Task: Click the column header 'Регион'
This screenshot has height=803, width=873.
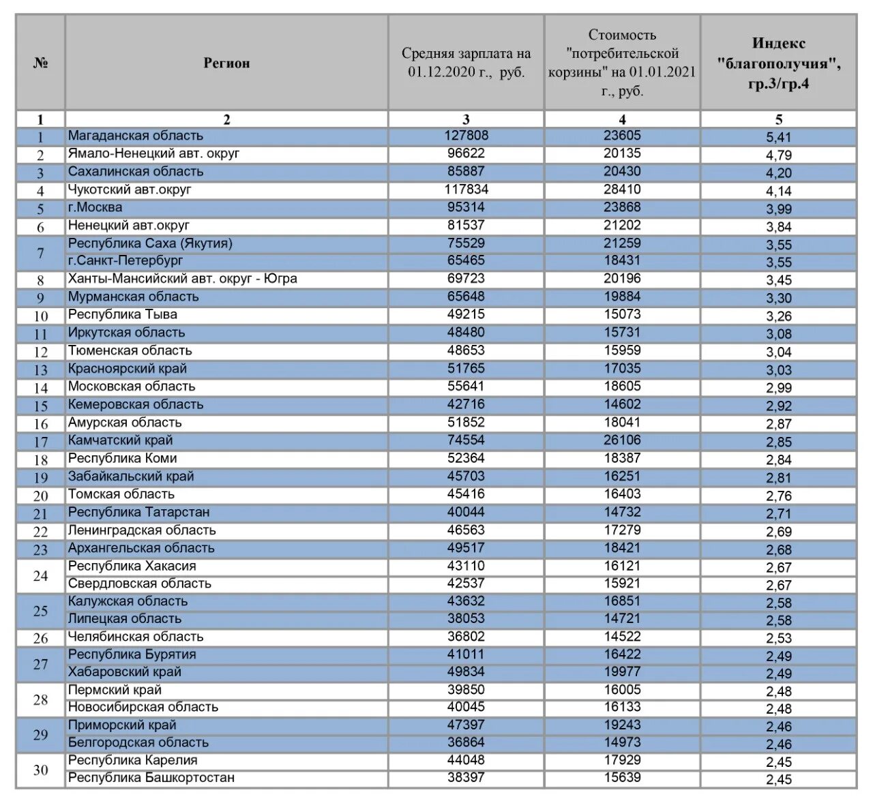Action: pos(226,63)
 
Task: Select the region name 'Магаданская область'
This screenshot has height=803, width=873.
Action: pos(136,136)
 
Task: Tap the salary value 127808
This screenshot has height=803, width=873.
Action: pos(466,136)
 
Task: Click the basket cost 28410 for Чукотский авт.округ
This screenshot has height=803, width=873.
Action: pos(622,189)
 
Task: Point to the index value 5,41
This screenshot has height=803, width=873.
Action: pos(778,137)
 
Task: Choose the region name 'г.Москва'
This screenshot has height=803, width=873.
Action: pos(95,207)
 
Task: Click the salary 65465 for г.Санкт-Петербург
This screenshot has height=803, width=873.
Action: pos(466,260)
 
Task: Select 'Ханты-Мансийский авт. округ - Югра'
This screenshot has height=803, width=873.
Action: pos(183,279)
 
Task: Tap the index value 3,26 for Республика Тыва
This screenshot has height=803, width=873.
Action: pos(778,316)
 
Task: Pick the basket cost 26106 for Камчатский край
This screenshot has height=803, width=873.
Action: pos(622,440)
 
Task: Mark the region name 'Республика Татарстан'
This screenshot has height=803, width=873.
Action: pos(139,512)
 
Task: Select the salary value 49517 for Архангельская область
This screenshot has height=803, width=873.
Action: pos(466,548)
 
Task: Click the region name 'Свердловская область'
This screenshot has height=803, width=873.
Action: pos(140,584)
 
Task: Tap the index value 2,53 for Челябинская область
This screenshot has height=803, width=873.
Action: pos(778,639)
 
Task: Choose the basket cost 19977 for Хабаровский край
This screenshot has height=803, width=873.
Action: pos(622,671)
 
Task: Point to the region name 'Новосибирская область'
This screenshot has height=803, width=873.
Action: pos(143,707)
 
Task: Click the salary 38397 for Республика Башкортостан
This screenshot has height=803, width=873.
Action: pos(466,778)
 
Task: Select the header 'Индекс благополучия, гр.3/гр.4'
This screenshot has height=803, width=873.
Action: pos(778,63)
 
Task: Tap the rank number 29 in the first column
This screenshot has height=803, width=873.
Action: pos(40,734)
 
